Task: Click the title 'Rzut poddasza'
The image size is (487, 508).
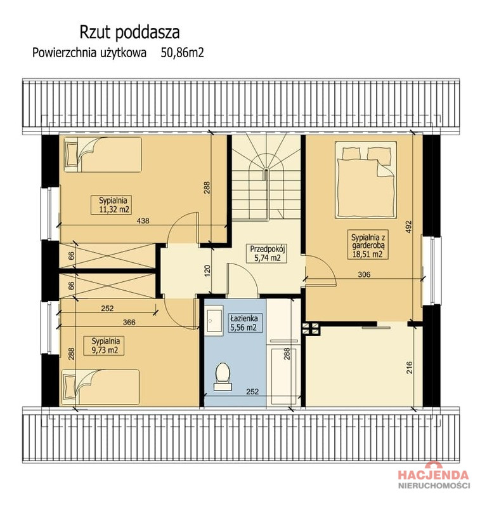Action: (x=129, y=33)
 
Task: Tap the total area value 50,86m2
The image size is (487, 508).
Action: (x=183, y=53)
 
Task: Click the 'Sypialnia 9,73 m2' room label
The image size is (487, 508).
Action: (x=104, y=345)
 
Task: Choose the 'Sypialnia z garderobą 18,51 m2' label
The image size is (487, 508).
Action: (x=367, y=245)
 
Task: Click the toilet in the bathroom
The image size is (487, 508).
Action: (x=223, y=376)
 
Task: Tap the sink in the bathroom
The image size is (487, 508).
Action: (x=214, y=320)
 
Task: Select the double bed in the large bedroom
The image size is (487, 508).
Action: (x=366, y=180)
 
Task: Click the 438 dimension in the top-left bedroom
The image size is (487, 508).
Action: (x=143, y=221)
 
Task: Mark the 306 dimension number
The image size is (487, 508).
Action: (x=364, y=275)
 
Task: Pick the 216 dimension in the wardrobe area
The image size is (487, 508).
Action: (x=410, y=368)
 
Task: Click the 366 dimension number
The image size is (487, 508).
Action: (x=129, y=323)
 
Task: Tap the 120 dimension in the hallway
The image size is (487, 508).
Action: (x=207, y=271)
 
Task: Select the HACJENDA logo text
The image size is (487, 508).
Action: (x=433, y=475)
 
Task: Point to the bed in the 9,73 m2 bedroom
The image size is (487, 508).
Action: (x=101, y=387)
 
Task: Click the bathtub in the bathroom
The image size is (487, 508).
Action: (x=284, y=376)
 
